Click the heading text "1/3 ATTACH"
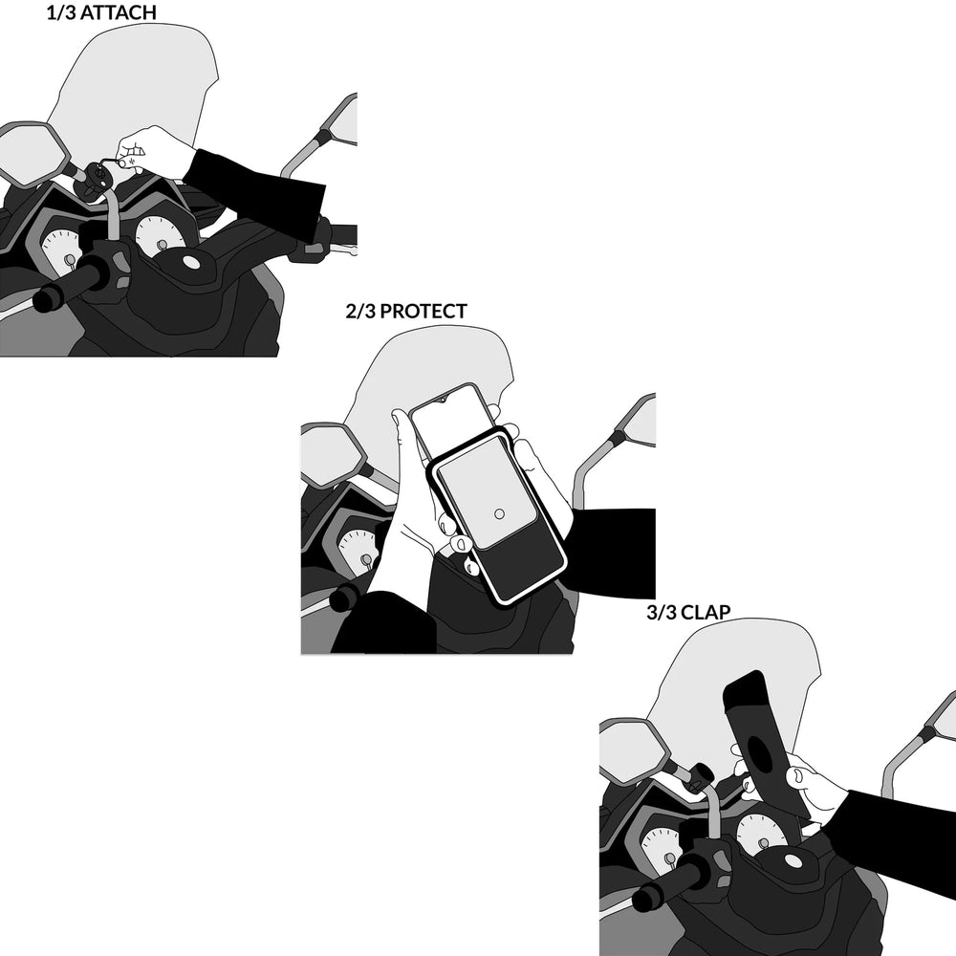[101, 12]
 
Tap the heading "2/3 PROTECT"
[406, 311]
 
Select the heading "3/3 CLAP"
[688, 612]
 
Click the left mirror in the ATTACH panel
[31, 153]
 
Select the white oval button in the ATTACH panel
[191, 262]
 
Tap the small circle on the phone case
[499, 514]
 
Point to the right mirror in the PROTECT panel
[638, 421]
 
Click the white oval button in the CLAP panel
[793, 861]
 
